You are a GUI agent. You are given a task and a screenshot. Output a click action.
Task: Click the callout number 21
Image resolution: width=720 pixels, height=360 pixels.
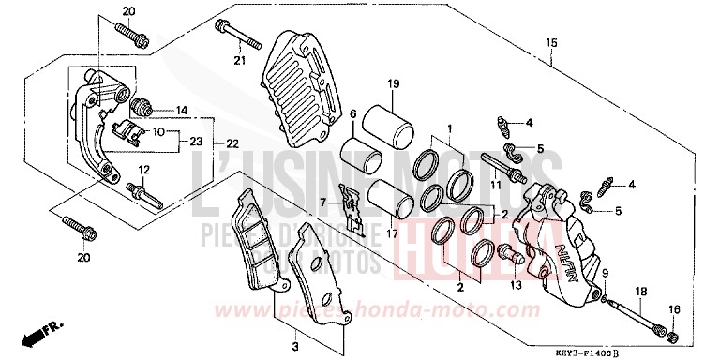(x=238, y=62)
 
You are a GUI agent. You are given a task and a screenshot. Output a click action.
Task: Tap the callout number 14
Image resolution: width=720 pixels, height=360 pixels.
(x=181, y=110)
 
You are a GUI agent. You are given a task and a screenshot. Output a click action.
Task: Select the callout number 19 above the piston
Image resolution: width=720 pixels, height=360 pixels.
(x=394, y=83)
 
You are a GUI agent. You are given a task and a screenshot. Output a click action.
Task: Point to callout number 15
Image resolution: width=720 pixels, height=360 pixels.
(x=552, y=43)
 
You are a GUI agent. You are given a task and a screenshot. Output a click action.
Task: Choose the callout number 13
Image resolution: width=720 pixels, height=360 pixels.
(x=513, y=285)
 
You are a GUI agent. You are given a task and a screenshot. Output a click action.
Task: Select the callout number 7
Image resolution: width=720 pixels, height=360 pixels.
(x=321, y=202)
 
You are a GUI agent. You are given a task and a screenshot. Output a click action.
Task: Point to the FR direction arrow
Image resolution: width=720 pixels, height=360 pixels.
(x=37, y=332)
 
